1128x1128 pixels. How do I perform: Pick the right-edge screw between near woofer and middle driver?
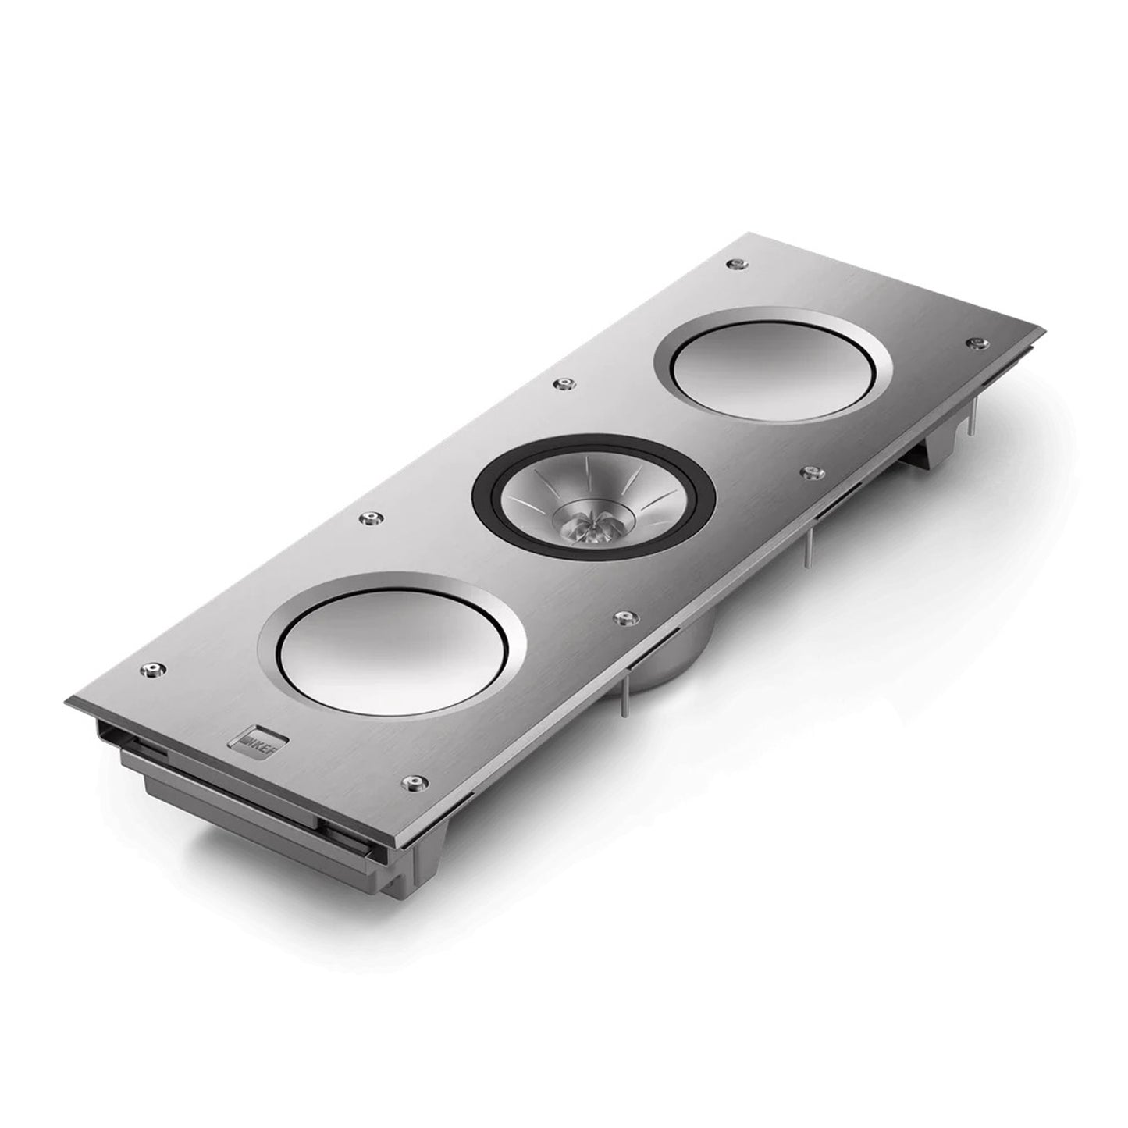(622, 618)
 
